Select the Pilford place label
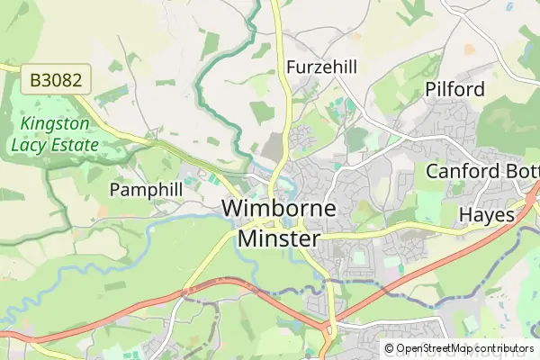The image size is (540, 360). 454,89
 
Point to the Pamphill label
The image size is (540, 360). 146,189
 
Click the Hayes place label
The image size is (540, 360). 487,215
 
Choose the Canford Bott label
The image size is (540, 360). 482,171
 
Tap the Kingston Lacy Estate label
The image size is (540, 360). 50,133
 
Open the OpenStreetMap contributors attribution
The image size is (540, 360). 459,348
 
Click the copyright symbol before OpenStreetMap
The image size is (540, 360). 389,348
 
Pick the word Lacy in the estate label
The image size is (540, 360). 27,143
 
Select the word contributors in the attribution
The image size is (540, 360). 505,348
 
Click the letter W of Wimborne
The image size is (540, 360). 231,209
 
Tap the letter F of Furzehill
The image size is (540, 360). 292,67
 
